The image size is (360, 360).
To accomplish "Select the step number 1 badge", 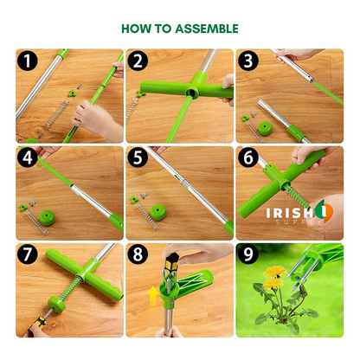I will (x=29, y=62).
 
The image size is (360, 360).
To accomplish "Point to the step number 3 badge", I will (x=247, y=62).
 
